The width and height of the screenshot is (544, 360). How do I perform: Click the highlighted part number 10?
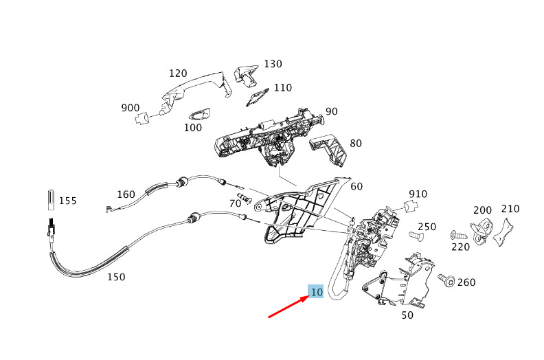[x=316, y=292]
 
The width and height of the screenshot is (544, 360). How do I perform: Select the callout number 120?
[x=178, y=73]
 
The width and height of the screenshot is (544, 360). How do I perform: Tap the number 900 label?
[x=131, y=108]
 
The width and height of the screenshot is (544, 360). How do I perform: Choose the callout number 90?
[x=332, y=111]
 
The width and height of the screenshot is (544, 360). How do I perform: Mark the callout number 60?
[x=356, y=186]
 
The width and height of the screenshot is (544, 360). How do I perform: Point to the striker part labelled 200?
[x=483, y=226]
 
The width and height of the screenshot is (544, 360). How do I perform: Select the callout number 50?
[x=407, y=315]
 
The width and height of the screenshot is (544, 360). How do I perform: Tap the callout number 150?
[x=116, y=277]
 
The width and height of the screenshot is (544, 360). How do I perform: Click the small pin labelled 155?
[x=51, y=199]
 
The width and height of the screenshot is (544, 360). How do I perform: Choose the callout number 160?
[x=126, y=194]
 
